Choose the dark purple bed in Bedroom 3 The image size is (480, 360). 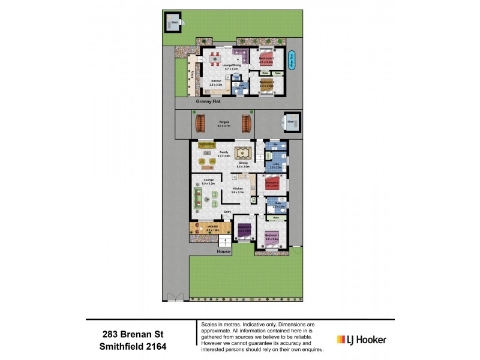pos(244,227)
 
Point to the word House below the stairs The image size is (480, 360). pos(224,252)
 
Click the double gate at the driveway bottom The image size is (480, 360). pos(175,297)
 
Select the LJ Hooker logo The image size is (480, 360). pos(361,340)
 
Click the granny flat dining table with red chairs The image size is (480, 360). pos(214,59)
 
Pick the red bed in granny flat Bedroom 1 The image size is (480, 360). pos(267,59)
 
